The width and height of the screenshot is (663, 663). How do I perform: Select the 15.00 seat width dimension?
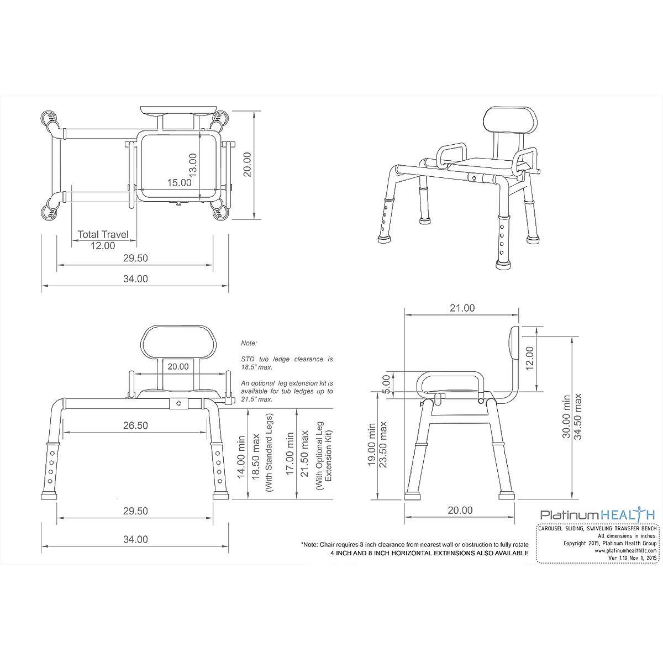pos(179,182)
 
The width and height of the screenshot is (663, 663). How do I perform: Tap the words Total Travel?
pos(103,234)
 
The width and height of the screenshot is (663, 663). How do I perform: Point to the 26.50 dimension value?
pos(135,425)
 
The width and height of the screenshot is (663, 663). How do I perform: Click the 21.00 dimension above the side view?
pos(462,308)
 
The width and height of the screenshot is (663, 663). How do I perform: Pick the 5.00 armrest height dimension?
pos(386,383)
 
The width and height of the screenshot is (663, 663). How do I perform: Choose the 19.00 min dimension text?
pos(371,445)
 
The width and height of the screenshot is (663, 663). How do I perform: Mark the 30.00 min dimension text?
pos(566,417)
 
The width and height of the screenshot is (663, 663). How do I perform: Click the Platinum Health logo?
pos(597,514)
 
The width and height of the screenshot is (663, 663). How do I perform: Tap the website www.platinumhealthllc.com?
pos(626,550)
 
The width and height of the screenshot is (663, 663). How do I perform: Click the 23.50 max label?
pos(383,445)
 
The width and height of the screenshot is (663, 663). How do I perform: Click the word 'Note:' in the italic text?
pos(249,343)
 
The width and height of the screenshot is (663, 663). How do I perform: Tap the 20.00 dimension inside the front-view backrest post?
pos(178,366)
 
